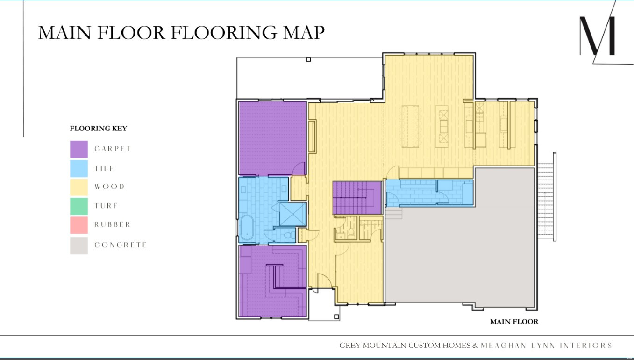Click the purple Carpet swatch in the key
(79, 149)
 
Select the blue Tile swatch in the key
(79, 168)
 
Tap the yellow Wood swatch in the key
(79, 187)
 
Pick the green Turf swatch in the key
(79, 206)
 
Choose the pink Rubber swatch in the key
(79, 225)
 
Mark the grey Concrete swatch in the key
(79, 245)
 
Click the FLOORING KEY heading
(98, 129)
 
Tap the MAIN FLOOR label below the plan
(514, 322)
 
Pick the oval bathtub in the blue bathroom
(245, 228)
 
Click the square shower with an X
(292, 214)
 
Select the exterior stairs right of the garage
(547, 196)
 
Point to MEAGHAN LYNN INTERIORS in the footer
(546, 346)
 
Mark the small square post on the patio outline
(308, 59)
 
